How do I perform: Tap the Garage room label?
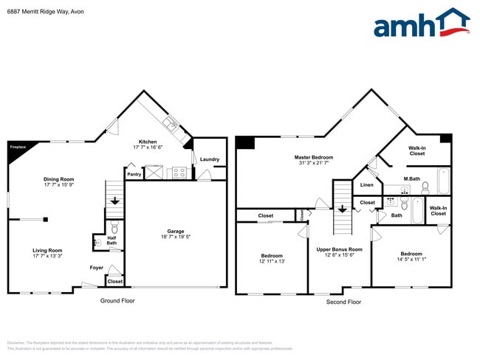point(176,231)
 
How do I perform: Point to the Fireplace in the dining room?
point(16,148)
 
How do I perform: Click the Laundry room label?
point(209,159)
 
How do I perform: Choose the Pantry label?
point(134,175)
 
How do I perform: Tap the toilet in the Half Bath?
point(114,228)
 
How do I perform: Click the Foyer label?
point(97,267)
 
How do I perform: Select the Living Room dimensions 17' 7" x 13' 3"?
point(47,257)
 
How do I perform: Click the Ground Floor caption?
point(117,301)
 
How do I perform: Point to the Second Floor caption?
point(343,301)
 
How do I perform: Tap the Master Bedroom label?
point(314,157)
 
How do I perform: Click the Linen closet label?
point(367,185)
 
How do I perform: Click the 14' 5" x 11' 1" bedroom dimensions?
point(411,259)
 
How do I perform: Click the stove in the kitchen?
point(179,173)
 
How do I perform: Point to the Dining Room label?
point(58,179)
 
